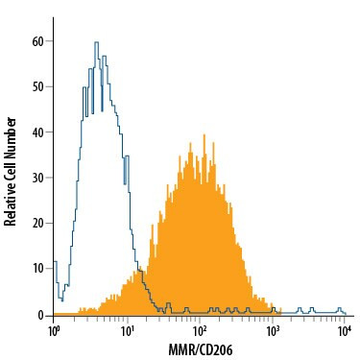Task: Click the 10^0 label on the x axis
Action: coord(55,330)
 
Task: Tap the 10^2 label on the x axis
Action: coord(200,330)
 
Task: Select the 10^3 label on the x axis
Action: coord(273,330)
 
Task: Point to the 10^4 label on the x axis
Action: coord(345,330)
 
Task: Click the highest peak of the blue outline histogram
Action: coord(97,42)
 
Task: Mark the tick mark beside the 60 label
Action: coord(52,42)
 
